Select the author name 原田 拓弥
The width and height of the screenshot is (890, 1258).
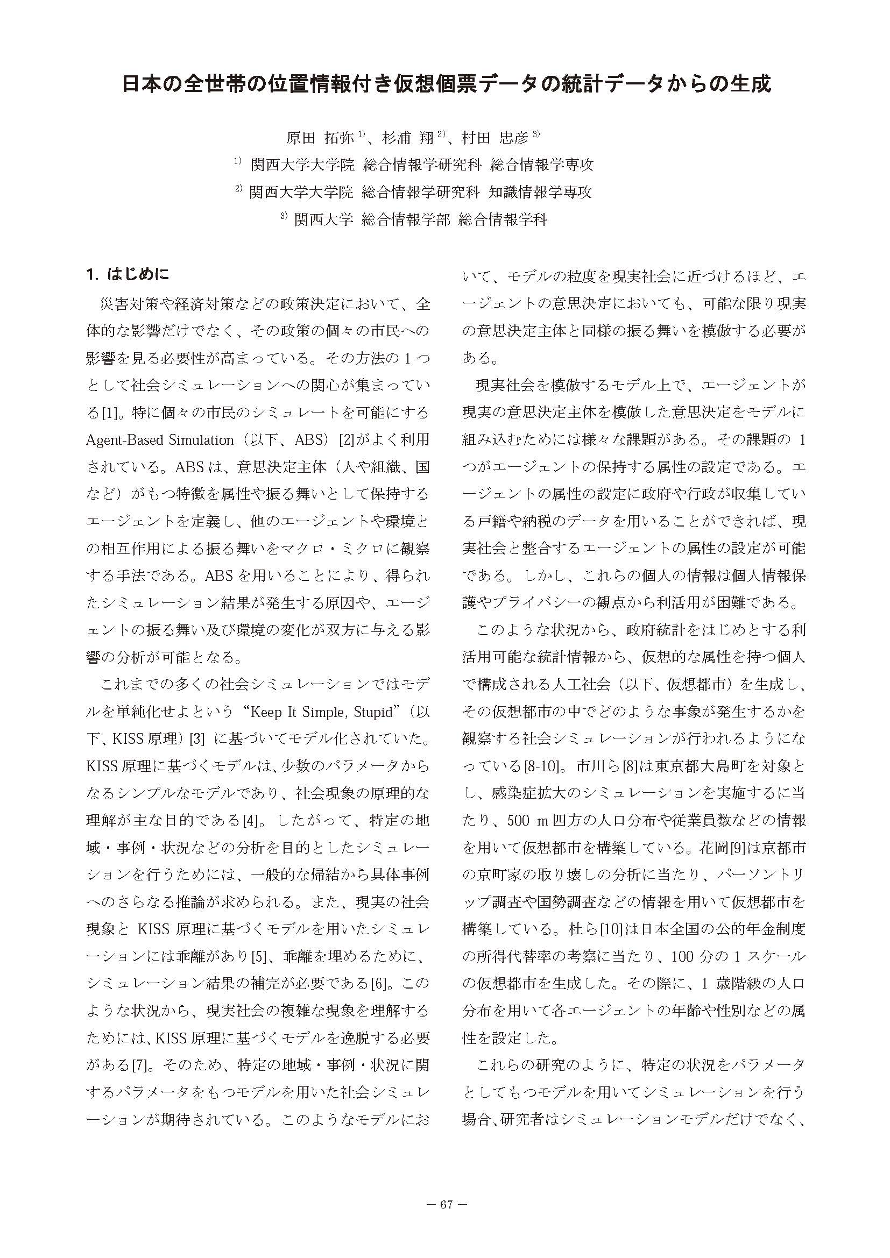click(x=320, y=138)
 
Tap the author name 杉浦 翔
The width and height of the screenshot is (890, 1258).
click(x=407, y=138)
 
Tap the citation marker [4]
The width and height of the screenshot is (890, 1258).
click(x=251, y=821)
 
